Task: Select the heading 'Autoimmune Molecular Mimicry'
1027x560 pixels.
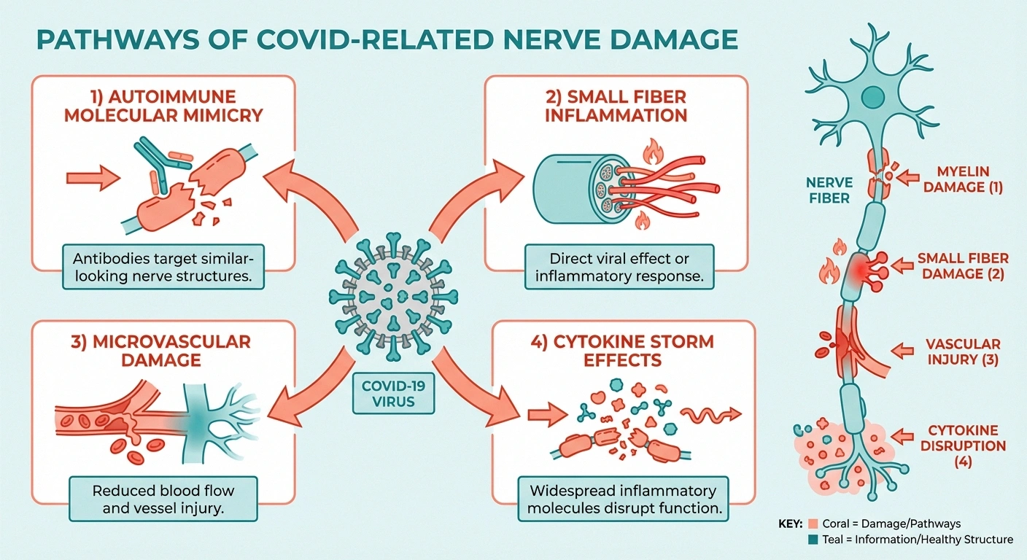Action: (163, 106)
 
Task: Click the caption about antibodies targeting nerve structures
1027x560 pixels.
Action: (163, 268)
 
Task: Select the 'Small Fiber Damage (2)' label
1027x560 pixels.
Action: (963, 266)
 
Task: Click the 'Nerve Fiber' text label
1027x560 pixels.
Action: (829, 189)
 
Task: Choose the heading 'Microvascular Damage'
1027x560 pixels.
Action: (163, 350)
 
